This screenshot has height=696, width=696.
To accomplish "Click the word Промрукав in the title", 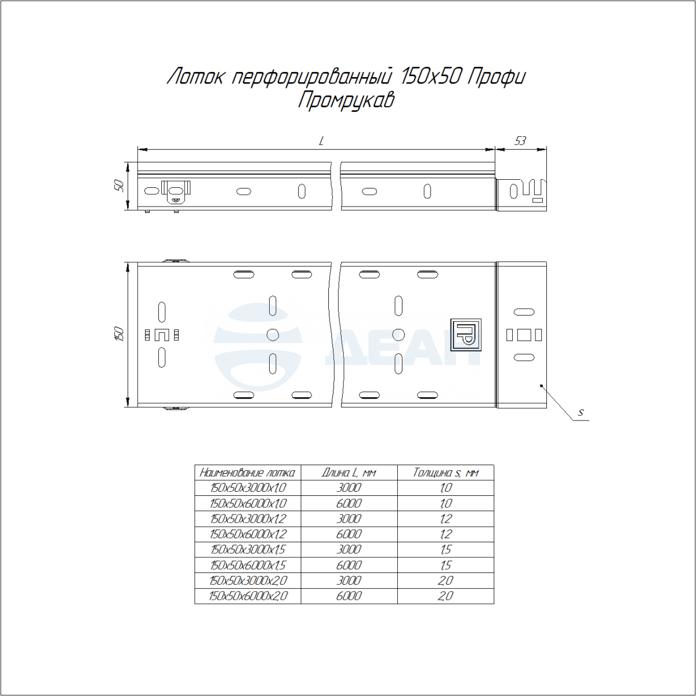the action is point(346,100).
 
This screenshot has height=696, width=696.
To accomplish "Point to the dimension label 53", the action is point(520,141).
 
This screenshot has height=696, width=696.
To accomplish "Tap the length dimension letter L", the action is point(321,141).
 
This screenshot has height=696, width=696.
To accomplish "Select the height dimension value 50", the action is point(119,186).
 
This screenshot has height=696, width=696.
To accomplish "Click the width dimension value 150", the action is point(119,333).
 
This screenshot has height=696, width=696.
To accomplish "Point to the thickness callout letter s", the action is point(580,412).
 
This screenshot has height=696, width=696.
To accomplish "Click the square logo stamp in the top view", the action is point(466,335).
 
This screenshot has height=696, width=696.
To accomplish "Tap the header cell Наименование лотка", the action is point(248,473).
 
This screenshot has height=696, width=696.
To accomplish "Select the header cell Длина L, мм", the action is point(349,473).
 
